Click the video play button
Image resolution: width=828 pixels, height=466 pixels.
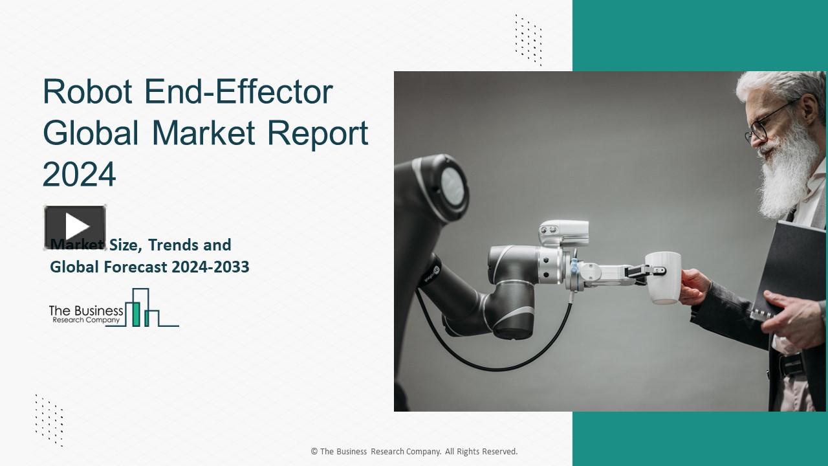tap(75, 227)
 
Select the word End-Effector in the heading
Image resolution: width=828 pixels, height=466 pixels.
tap(239, 92)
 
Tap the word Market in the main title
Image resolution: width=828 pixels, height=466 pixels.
tap(206, 133)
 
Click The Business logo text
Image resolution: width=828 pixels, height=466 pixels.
tap(86, 311)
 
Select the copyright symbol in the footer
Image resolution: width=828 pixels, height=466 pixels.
tap(314, 452)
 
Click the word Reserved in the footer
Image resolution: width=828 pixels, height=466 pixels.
tap(498, 452)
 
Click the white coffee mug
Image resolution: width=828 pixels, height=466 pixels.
tap(663, 277)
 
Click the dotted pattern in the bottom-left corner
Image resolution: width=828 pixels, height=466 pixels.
tap(49, 420)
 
